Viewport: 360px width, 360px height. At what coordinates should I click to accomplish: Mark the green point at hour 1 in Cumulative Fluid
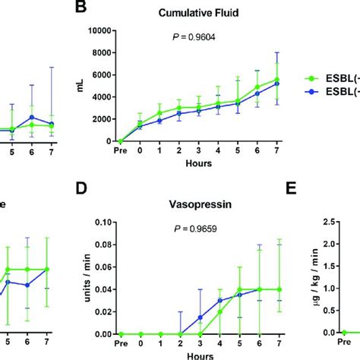159,112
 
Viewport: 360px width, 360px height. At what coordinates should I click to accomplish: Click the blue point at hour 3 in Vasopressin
200,317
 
